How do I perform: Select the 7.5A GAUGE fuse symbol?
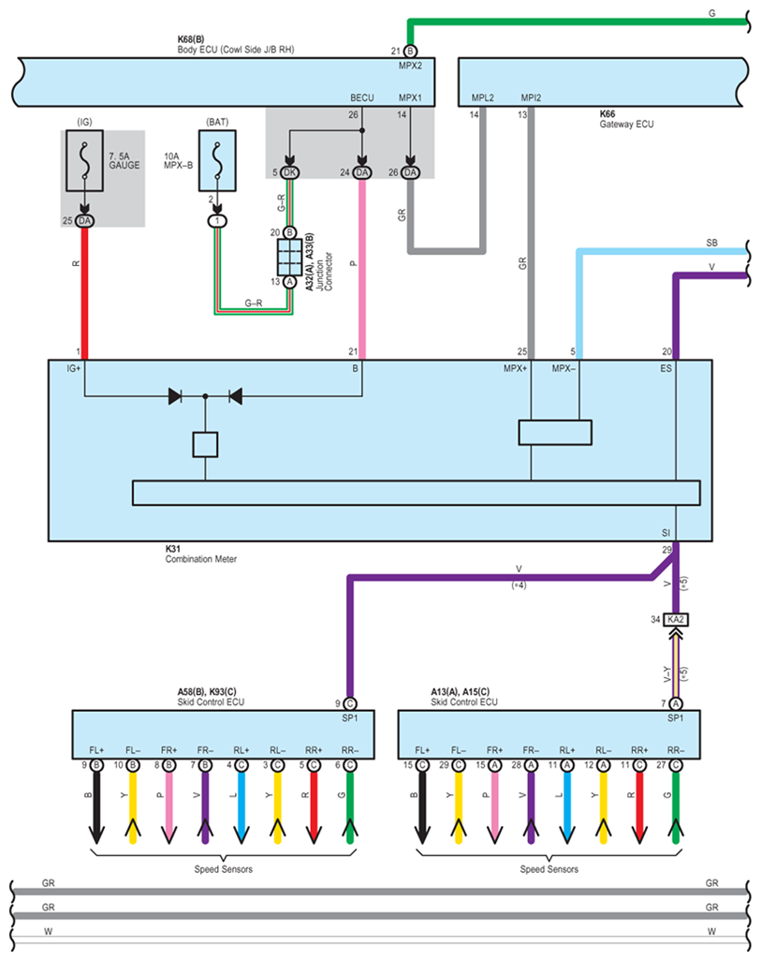(84, 160)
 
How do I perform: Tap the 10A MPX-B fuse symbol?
(216, 160)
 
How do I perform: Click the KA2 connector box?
(676, 619)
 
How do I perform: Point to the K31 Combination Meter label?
(202, 553)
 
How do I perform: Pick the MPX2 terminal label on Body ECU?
(410, 67)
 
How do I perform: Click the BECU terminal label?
(361, 96)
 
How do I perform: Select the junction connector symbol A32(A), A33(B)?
(289, 256)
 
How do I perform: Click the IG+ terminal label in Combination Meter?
(75, 369)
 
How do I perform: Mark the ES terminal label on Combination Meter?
(666, 369)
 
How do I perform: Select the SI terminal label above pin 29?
(666, 532)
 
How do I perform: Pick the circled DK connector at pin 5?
(289, 172)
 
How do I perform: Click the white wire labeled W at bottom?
(374, 933)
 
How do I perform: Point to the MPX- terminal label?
(563, 369)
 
